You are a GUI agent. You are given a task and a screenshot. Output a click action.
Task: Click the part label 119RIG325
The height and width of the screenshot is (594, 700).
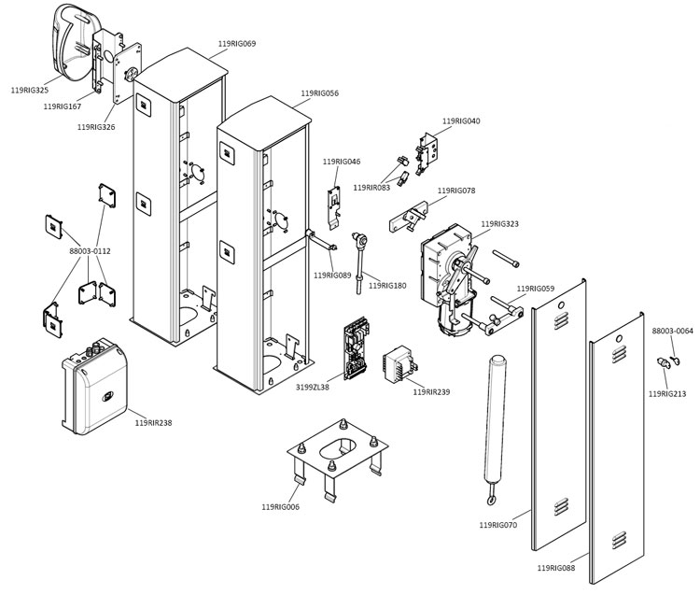tap(29, 91)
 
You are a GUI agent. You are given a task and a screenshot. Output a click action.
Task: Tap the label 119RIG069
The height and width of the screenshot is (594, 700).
tap(237, 44)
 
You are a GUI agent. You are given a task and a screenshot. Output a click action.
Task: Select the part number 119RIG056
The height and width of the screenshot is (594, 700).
tap(319, 93)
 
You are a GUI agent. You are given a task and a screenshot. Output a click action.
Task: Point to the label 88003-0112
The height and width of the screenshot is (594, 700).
tap(90, 250)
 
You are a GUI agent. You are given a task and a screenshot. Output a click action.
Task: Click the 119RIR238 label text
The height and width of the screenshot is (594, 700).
tap(153, 423)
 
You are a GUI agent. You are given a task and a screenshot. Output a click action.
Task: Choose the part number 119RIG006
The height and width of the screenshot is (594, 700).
tap(280, 506)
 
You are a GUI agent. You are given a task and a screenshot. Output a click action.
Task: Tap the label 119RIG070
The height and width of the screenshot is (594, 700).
tap(498, 525)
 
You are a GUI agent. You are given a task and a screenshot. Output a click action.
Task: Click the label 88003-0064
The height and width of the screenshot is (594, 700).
tap(672, 331)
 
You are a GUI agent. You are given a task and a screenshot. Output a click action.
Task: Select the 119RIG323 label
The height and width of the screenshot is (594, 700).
tap(499, 224)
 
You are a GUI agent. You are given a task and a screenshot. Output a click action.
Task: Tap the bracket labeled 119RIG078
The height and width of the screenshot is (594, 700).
tap(407, 217)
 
